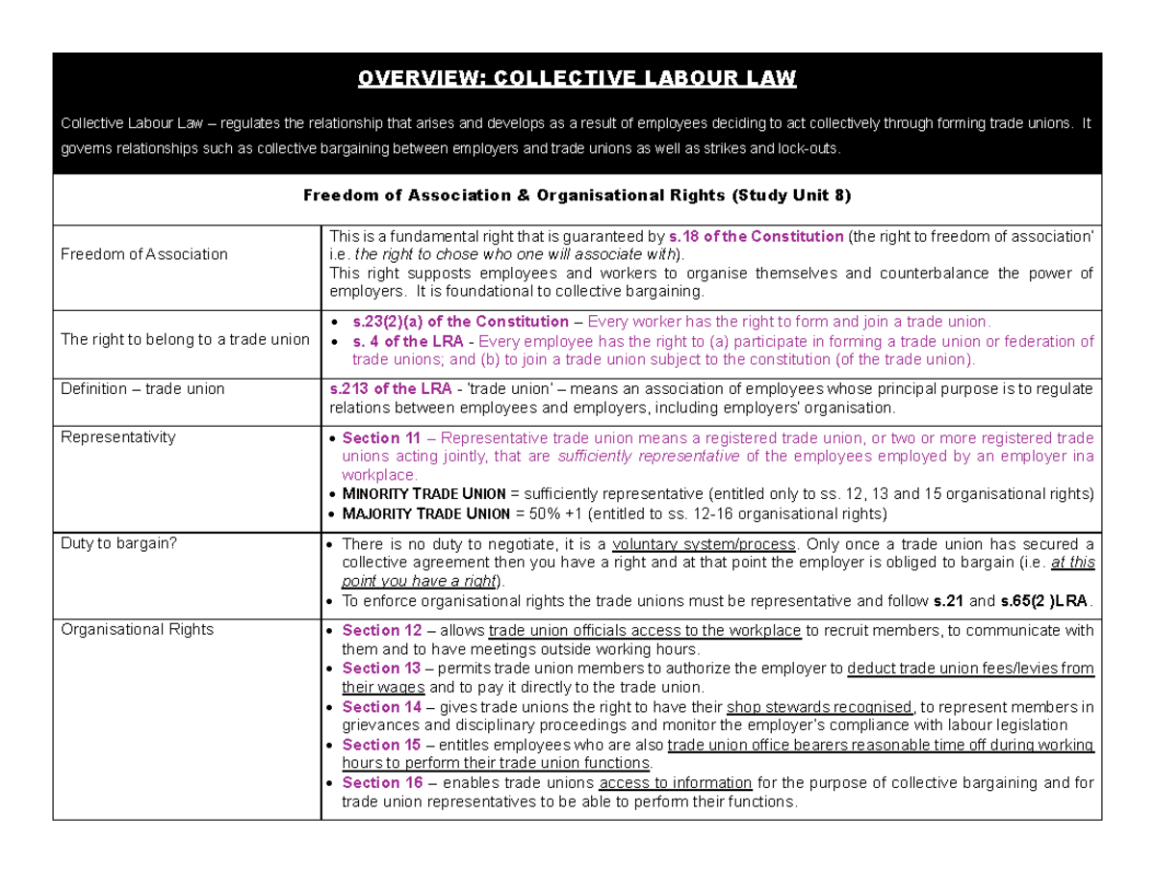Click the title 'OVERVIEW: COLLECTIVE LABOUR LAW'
577,78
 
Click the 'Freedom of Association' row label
144,254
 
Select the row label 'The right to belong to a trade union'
185,339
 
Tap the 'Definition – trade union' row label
142,389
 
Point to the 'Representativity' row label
118,437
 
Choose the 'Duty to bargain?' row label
119,543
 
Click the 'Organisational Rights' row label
137,630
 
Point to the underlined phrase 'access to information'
677,782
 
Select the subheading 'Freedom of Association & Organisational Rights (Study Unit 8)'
577,196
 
